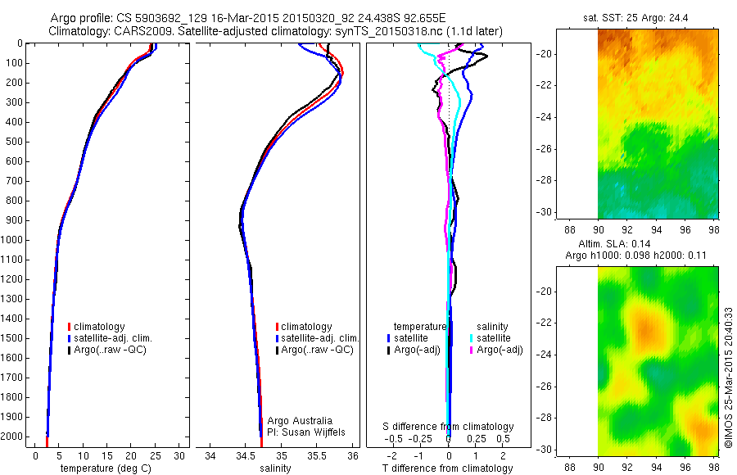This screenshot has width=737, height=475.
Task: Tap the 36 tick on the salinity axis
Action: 352,455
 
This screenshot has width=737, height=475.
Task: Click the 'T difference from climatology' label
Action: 449,468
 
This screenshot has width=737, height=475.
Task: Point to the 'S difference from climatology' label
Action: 449,427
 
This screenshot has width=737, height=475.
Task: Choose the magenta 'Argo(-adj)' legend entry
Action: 495,351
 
